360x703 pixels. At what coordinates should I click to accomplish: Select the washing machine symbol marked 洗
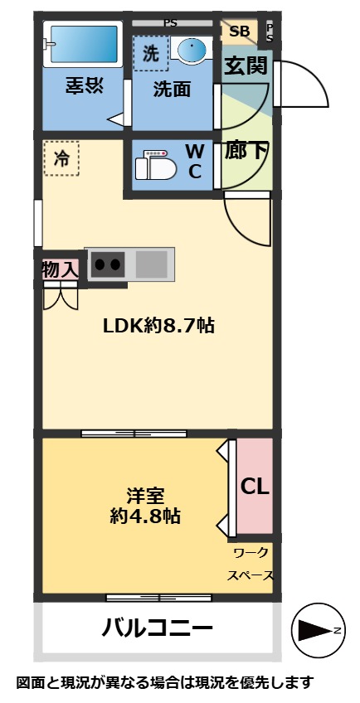150,54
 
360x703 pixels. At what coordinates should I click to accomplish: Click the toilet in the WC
157,163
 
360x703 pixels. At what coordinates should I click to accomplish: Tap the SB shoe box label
239,32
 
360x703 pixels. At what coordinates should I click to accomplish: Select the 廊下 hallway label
246,152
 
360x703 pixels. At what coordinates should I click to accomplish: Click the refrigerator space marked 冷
62,160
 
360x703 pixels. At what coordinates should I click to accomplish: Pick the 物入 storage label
60,269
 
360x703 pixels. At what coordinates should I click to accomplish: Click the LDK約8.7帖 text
158,326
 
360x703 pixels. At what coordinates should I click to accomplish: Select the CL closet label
254,487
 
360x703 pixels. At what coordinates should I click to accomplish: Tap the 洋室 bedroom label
145,496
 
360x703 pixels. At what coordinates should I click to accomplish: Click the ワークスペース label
251,563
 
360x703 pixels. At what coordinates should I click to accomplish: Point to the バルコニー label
158,628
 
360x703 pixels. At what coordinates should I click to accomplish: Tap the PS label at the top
170,23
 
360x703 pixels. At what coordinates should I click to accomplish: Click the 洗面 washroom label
172,90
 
